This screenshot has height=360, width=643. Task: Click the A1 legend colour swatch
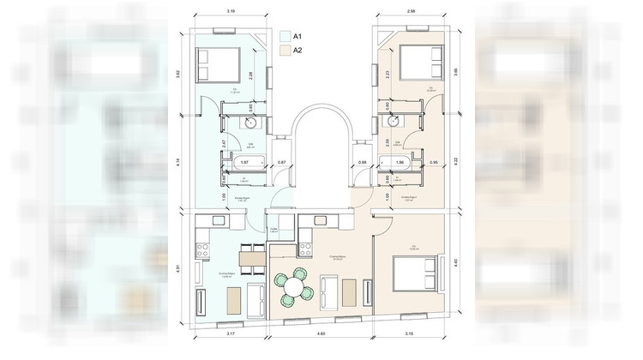285,37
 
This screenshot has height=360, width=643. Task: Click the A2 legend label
298,51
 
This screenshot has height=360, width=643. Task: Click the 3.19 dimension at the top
231,12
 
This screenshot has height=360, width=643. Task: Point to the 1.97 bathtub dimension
244,162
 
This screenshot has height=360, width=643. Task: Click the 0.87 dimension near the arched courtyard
281,162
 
